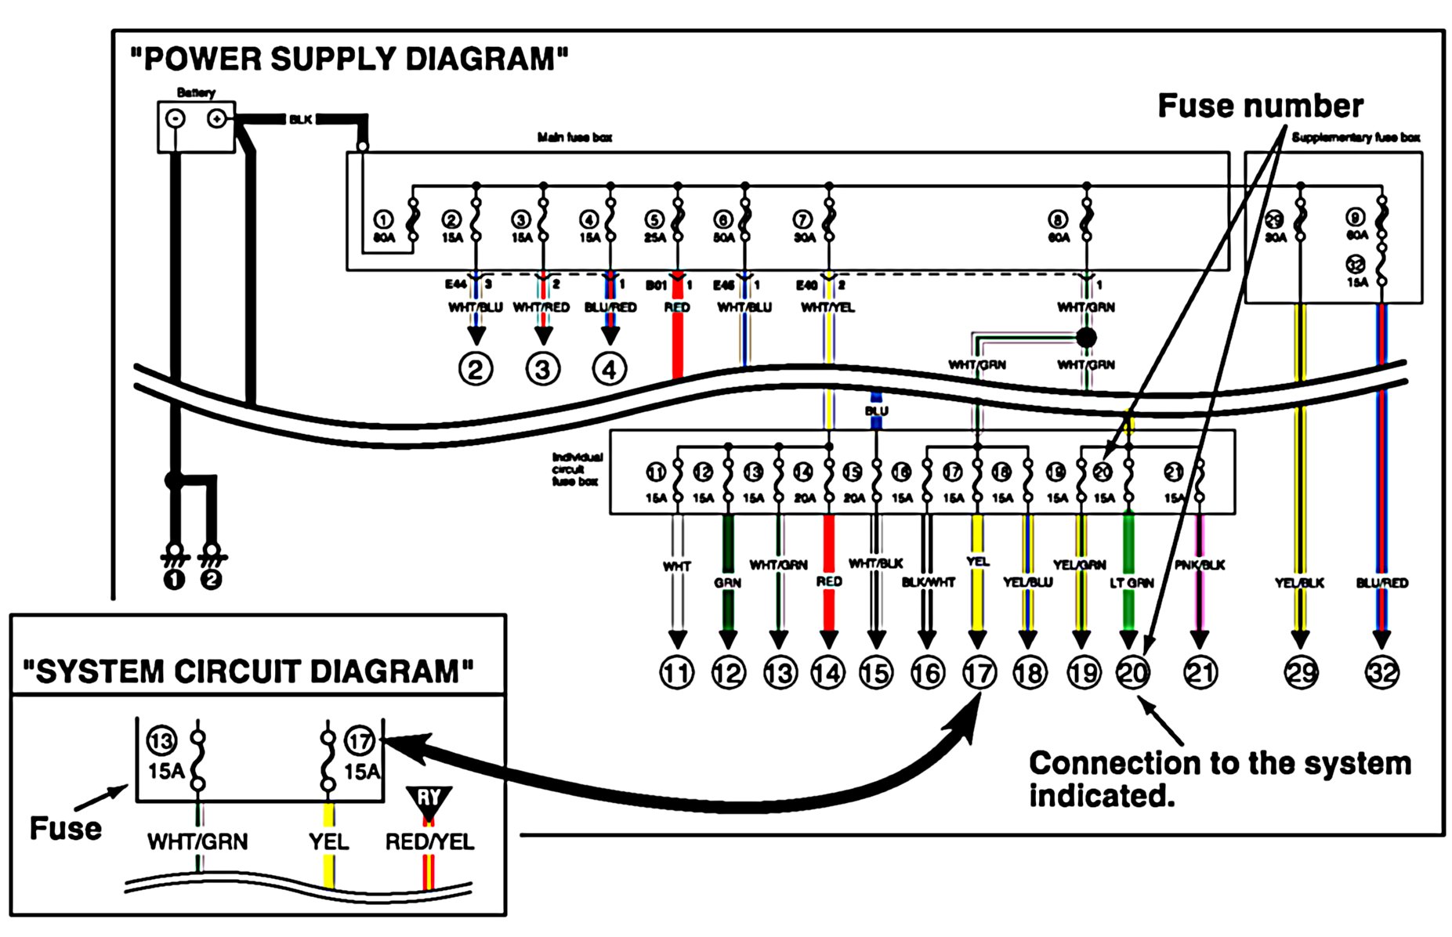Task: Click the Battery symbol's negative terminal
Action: (176, 118)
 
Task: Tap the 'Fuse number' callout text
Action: (1260, 106)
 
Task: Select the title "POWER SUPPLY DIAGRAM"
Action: (349, 60)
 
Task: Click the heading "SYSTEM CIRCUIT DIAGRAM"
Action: (248, 671)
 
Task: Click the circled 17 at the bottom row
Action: (979, 673)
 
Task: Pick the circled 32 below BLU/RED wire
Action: (1381, 673)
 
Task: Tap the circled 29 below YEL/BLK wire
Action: (1301, 673)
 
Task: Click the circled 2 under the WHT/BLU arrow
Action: (476, 369)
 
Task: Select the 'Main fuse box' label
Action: (574, 138)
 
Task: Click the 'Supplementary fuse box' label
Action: (1356, 138)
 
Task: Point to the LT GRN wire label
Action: (1132, 583)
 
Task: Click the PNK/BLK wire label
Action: (1200, 565)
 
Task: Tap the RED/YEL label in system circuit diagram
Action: (429, 842)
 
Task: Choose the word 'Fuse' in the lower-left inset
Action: (66, 829)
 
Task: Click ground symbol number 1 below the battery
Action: (174, 580)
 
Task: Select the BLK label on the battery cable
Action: (300, 120)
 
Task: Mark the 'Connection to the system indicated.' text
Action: (1219, 779)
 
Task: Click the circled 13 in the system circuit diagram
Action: (161, 740)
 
